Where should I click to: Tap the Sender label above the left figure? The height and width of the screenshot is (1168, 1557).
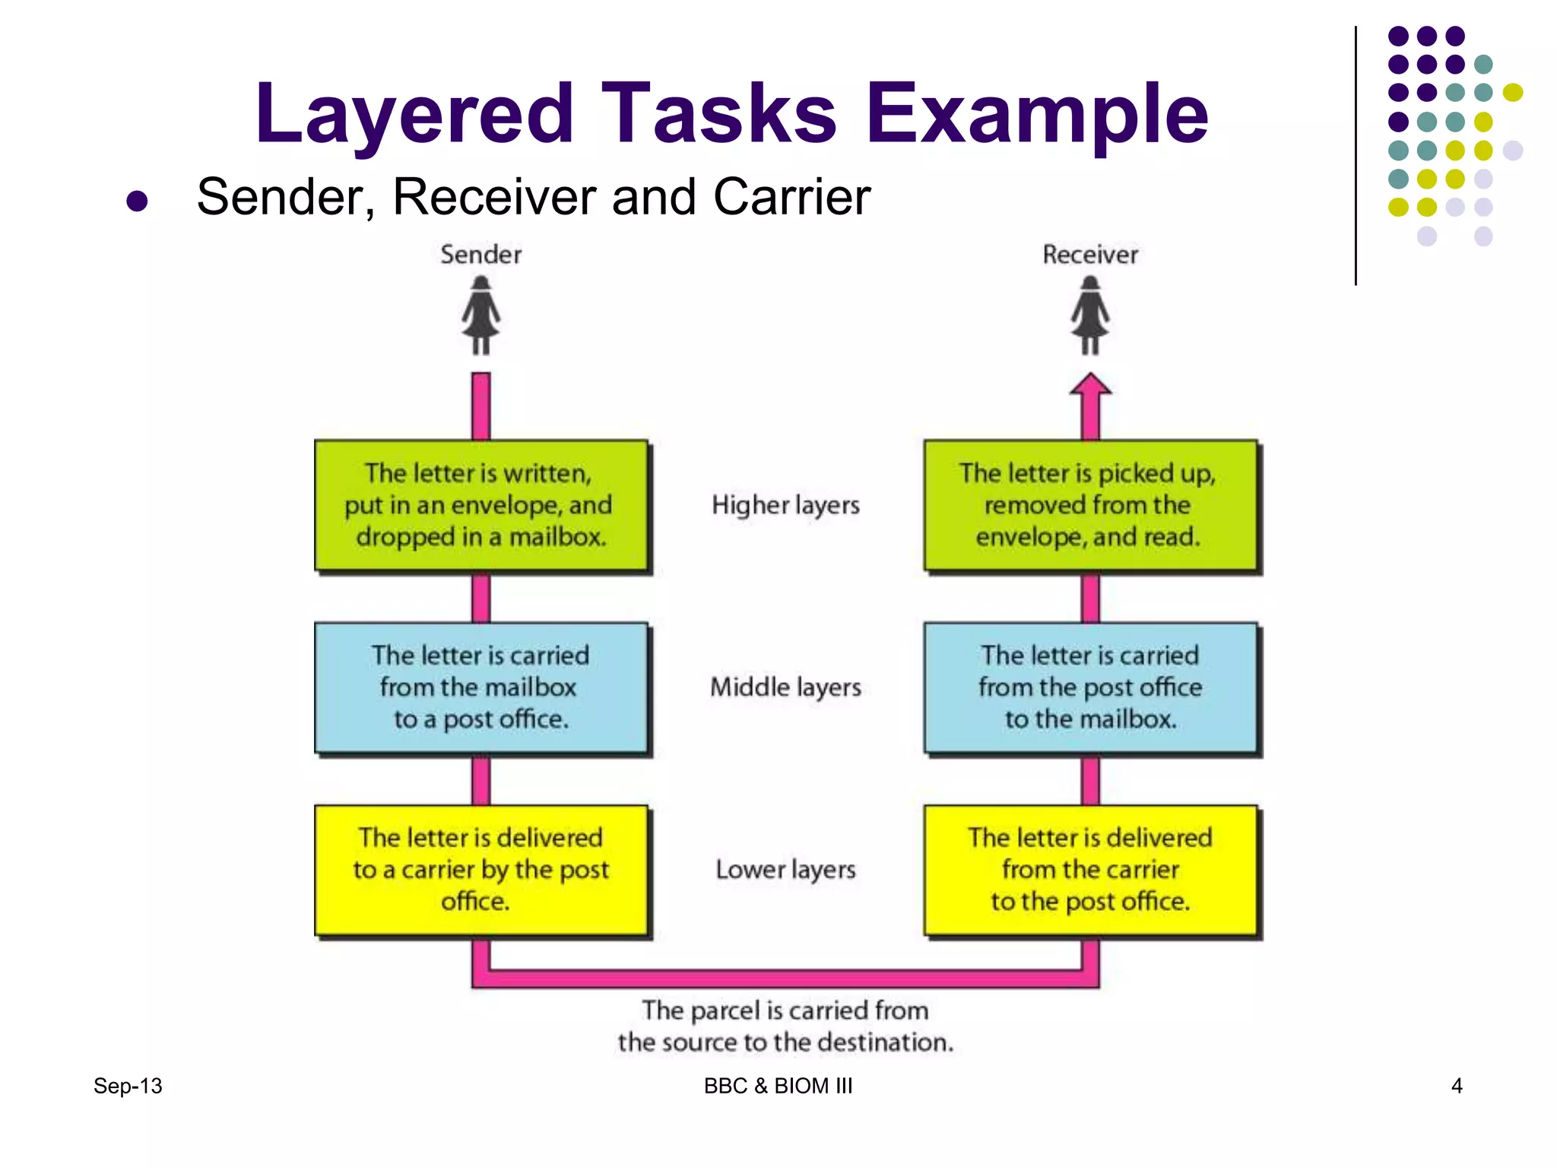[x=480, y=255]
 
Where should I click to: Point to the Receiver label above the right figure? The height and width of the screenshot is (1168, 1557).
[x=1089, y=255]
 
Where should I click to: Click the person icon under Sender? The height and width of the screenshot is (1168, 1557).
[x=480, y=316]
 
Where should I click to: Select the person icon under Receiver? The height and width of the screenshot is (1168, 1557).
[x=1090, y=316]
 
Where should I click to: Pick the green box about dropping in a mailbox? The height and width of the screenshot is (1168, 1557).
[x=481, y=505]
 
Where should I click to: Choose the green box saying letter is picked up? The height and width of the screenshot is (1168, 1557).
[x=1090, y=505]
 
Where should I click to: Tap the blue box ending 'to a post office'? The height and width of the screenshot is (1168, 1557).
[x=481, y=687]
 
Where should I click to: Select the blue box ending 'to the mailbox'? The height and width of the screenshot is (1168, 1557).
[x=1090, y=687]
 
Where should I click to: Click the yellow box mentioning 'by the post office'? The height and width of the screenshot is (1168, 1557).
[x=481, y=869]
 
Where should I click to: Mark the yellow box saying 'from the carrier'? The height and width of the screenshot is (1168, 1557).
[x=1090, y=869]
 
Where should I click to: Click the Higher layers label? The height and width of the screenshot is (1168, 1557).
[x=785, y=505]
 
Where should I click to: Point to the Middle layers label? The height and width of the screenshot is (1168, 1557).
[x=785, y=687]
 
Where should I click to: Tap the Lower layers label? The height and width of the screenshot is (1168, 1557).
[x=785, y=869]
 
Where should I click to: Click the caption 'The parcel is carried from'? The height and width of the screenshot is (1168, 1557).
[x=785, y=1011]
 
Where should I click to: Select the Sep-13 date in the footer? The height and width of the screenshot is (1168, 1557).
[x=128, y=1086]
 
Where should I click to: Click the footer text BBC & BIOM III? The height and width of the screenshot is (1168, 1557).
[x=778, y=1086]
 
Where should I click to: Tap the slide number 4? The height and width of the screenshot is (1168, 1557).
[x=1457, y=1086]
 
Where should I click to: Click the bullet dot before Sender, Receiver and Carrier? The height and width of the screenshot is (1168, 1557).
[x=137, y=201]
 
